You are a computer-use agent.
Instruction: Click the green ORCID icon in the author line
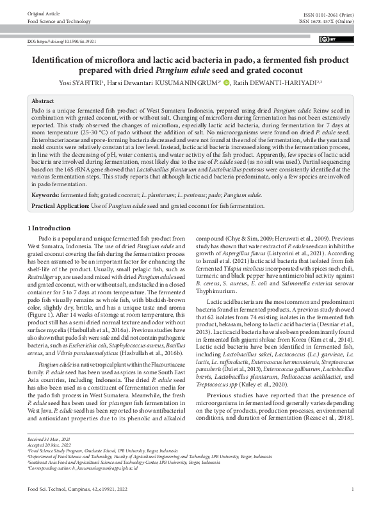click(x=225, y=82)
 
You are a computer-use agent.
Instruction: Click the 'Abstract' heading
click(x=43, y=101)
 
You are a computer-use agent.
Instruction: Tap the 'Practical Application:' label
click(x=62, y=206)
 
